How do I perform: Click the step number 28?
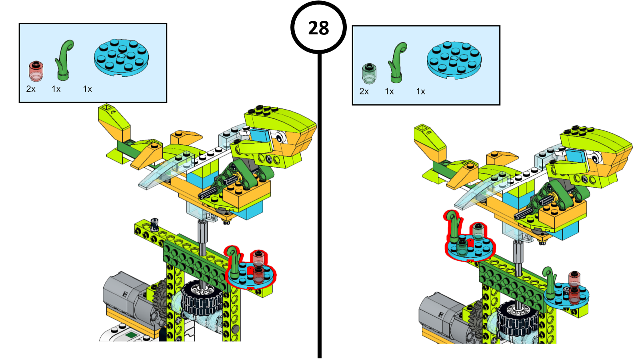318,28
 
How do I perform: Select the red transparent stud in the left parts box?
36,71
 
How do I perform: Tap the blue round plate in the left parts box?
122,58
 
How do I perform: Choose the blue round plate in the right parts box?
454,60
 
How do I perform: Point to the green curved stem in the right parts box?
398,62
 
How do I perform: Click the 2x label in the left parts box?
31,89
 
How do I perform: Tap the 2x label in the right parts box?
364,92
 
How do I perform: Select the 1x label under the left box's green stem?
56,89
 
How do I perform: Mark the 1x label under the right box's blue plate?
421,92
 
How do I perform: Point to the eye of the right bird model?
597,158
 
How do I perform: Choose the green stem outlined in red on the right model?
454,224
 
